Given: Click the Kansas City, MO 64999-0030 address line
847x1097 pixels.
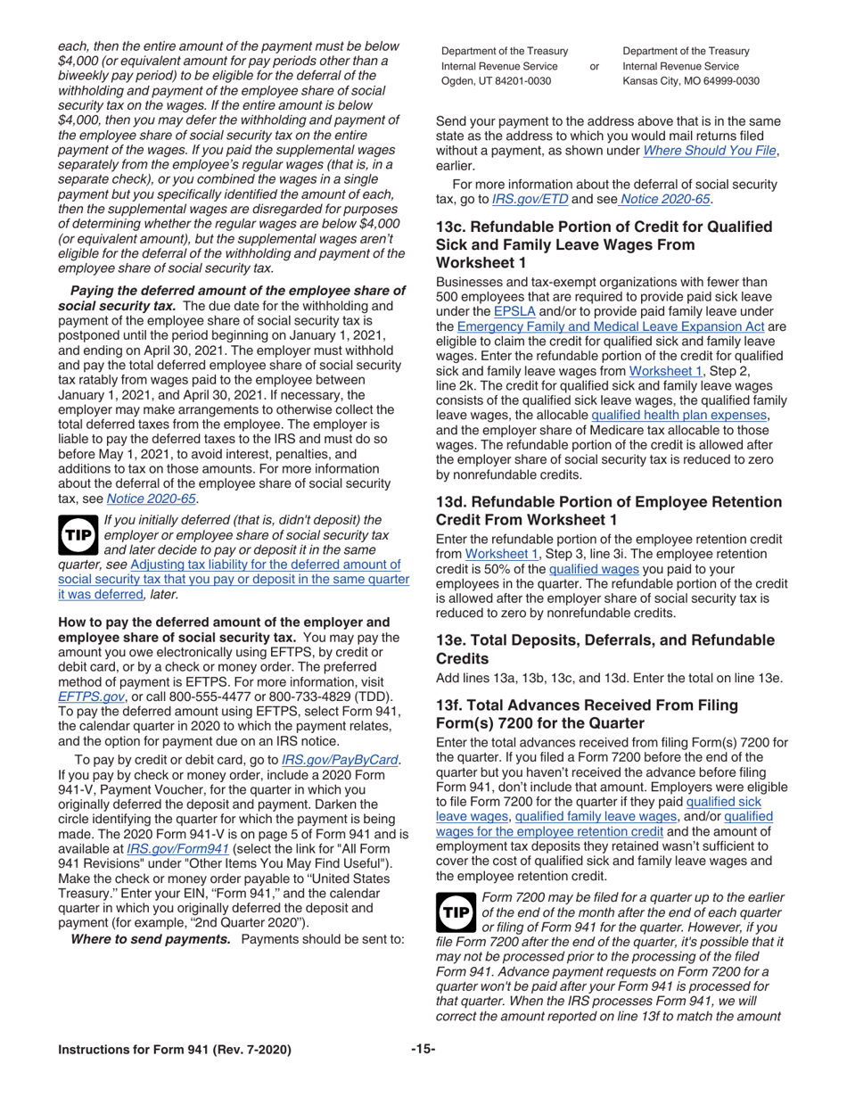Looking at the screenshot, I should (x=690, y=81).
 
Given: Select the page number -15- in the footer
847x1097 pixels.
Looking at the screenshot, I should (x=423, y=1070).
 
